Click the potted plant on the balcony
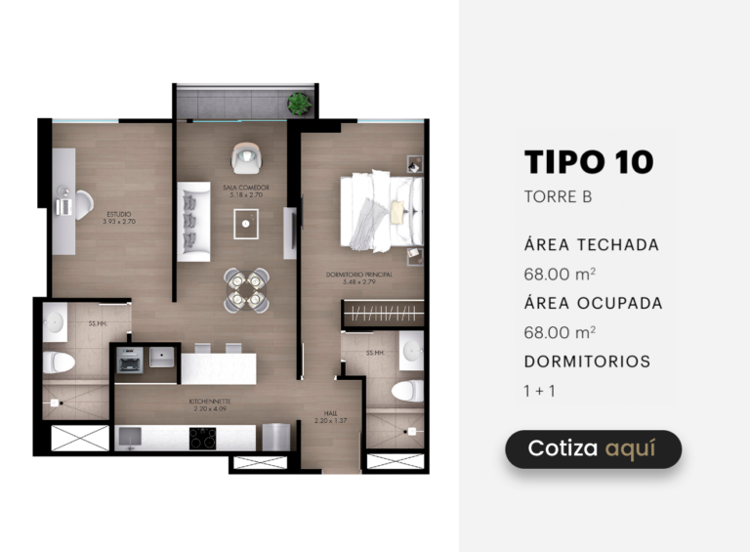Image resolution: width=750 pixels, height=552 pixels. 299,102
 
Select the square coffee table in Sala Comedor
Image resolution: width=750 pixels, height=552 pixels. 246,225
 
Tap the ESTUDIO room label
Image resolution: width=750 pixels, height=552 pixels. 118,218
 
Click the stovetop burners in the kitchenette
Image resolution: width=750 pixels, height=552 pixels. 202,439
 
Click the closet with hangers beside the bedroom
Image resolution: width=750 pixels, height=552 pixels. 384,314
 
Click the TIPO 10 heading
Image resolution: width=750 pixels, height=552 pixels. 588,162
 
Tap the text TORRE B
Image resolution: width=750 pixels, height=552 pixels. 558,196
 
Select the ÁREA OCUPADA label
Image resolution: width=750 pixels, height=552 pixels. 593,303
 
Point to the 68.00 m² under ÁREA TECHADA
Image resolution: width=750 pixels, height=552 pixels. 560,274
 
